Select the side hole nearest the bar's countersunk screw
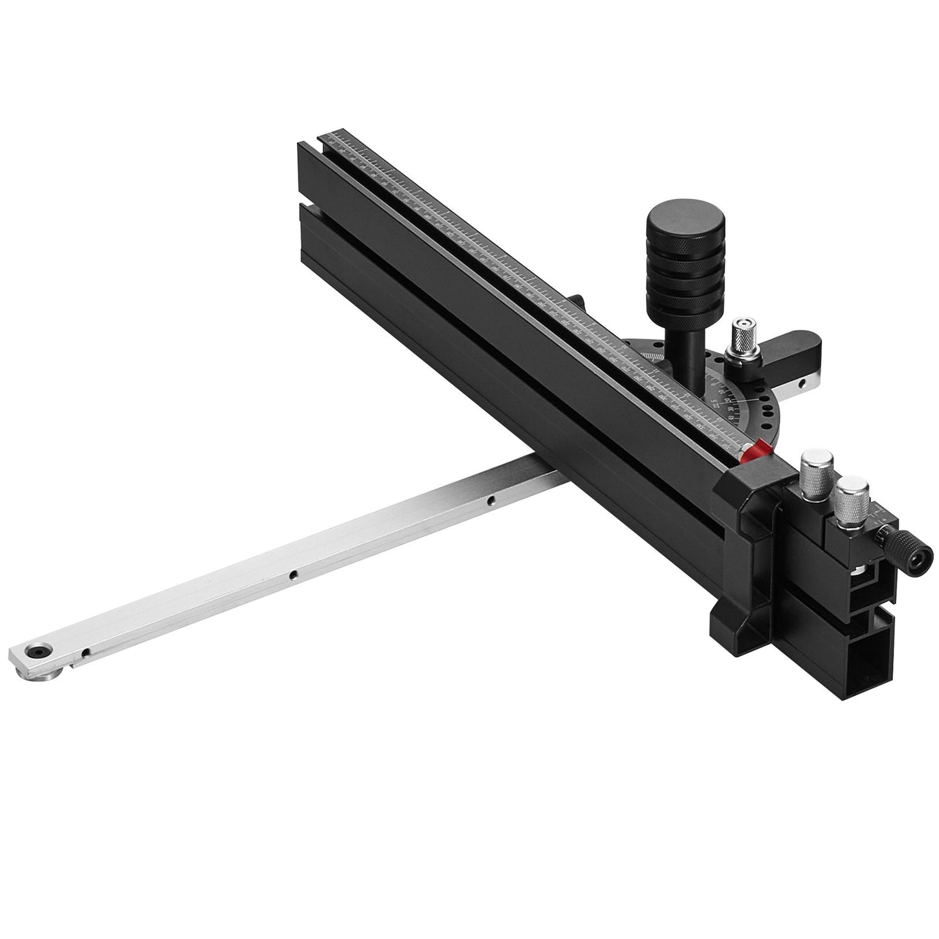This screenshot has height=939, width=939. coord(85,651)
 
